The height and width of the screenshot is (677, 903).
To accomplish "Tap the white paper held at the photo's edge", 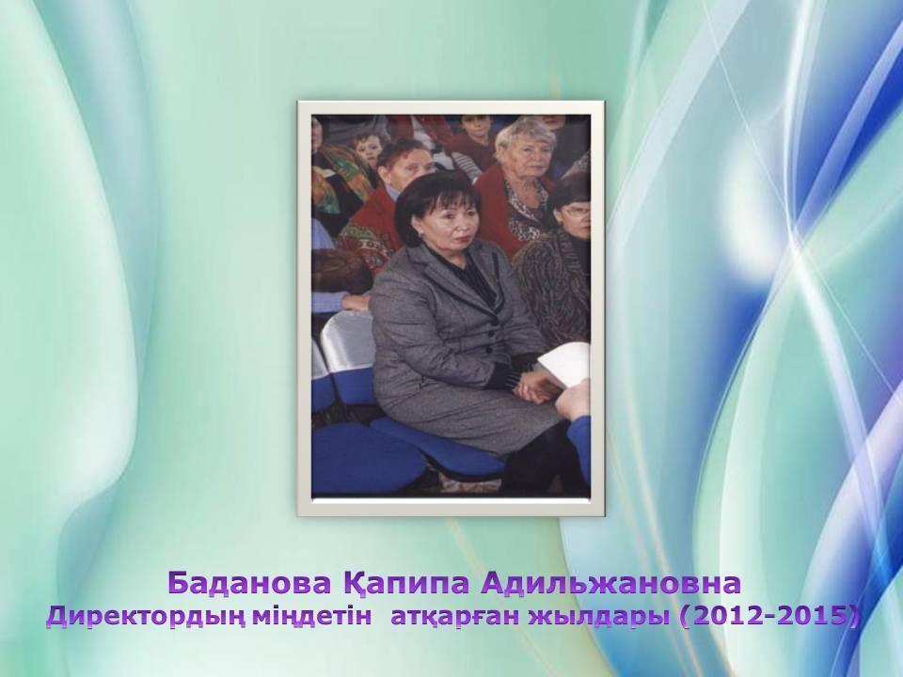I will point(566,367).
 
